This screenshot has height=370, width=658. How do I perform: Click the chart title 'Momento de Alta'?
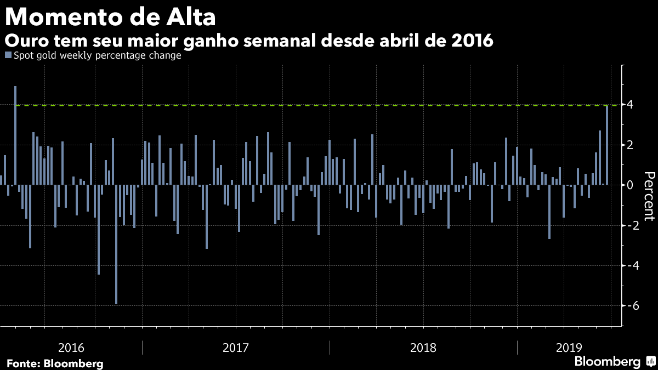click(x=110, y=17)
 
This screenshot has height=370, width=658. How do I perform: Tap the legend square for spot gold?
click(x=7, y=55)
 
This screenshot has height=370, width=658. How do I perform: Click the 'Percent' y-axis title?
click(x=649, y=196)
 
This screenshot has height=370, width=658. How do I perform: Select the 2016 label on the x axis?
click(x=71, y=348)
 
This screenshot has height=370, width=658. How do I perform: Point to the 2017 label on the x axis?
click(x=236, y=348)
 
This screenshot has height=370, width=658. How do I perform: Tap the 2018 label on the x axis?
click(x=423, y=348)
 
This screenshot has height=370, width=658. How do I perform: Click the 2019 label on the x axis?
click(x=569, y=348)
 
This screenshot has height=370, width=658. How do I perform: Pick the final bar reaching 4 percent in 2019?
click(x=607, y=145)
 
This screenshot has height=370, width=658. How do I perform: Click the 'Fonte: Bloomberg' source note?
click(x=55, y=363)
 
